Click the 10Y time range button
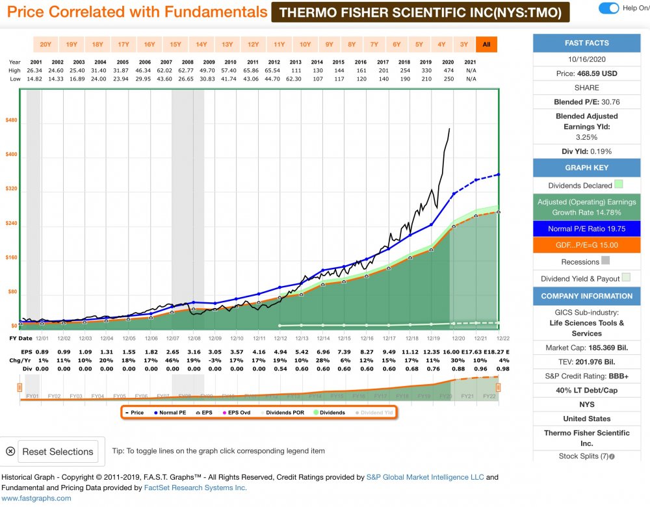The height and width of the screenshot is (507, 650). tap(305, 44)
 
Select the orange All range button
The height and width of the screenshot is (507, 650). tap(486, 44)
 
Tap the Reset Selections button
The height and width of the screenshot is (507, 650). tap(57, 451)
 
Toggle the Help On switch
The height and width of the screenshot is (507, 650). tap(608, 8)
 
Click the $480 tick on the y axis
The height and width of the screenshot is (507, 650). tap(11, 120)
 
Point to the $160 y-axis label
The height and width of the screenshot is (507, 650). tap(11, 257)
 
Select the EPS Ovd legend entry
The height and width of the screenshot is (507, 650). tap(239, 412)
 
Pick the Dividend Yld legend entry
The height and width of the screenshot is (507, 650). tap(374, 412)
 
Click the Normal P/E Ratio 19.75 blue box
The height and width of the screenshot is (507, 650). tap(587, 228)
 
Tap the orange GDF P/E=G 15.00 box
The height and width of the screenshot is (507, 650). tap(587, 245)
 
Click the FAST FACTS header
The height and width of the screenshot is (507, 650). tap(587, 43)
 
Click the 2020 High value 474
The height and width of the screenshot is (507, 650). tap(448, 70)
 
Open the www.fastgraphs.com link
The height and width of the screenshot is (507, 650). tap(36, 498)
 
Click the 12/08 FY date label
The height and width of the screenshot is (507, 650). tap(194, 339)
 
